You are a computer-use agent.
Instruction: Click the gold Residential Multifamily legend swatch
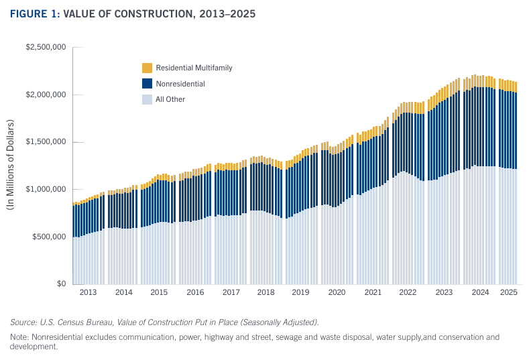147,68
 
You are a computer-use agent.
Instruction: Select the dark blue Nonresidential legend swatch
147,84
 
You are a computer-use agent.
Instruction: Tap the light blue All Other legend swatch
147,99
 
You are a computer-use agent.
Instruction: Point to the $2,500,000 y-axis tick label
45,48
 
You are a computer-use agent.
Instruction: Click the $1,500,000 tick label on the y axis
45,142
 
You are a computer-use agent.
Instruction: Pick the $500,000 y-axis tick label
48,237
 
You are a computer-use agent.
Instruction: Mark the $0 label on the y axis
60,284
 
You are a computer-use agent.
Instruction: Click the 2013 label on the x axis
88,293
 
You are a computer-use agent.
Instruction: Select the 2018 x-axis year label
266,293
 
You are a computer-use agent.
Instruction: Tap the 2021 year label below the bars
372,293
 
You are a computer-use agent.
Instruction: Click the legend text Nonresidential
180,84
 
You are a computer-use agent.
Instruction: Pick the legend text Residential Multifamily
194,68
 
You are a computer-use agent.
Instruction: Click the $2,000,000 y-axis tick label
45,95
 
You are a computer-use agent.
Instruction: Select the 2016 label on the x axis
195,293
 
